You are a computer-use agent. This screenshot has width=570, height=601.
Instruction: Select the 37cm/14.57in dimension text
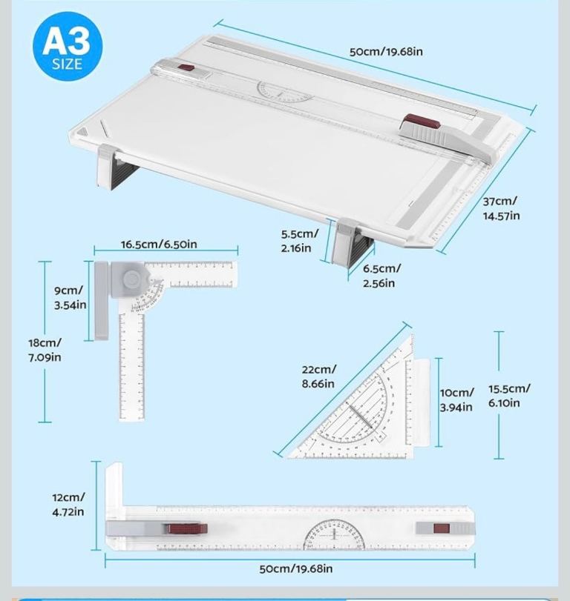click(x=501, y=208)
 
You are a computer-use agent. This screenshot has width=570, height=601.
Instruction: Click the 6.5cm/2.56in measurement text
click(x=381, y=276)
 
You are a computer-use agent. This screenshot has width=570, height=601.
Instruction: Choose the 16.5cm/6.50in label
click(x=159, y=245)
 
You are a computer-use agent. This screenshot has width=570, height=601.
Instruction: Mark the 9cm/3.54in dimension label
click(x=71, y=298)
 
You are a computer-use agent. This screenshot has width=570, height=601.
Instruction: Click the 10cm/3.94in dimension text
click(x=456, y=400)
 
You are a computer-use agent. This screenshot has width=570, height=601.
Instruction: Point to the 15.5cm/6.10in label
click(x=509, y=396)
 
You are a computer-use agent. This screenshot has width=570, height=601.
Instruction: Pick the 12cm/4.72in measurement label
click(x=68, y=504)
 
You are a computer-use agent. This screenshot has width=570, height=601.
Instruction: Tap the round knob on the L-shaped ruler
click(x=132, y=279)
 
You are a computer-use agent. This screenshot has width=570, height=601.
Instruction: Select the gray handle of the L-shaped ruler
click(x=102, y=301)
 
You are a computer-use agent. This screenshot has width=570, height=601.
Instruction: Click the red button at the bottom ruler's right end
click(x=441, y=528)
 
